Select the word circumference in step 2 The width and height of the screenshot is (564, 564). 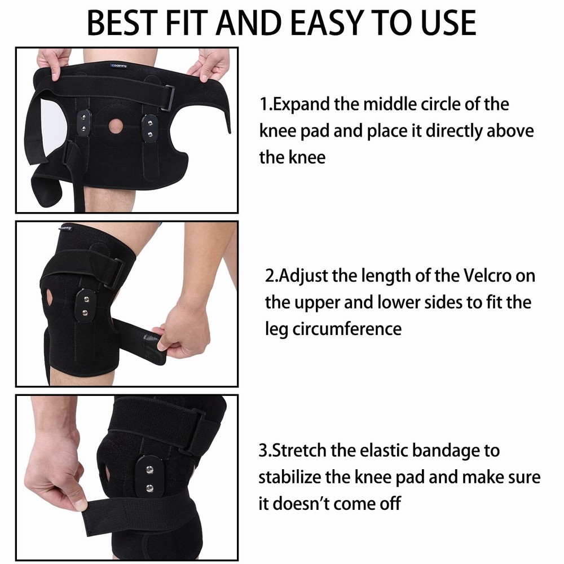[x=347, y=328]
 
